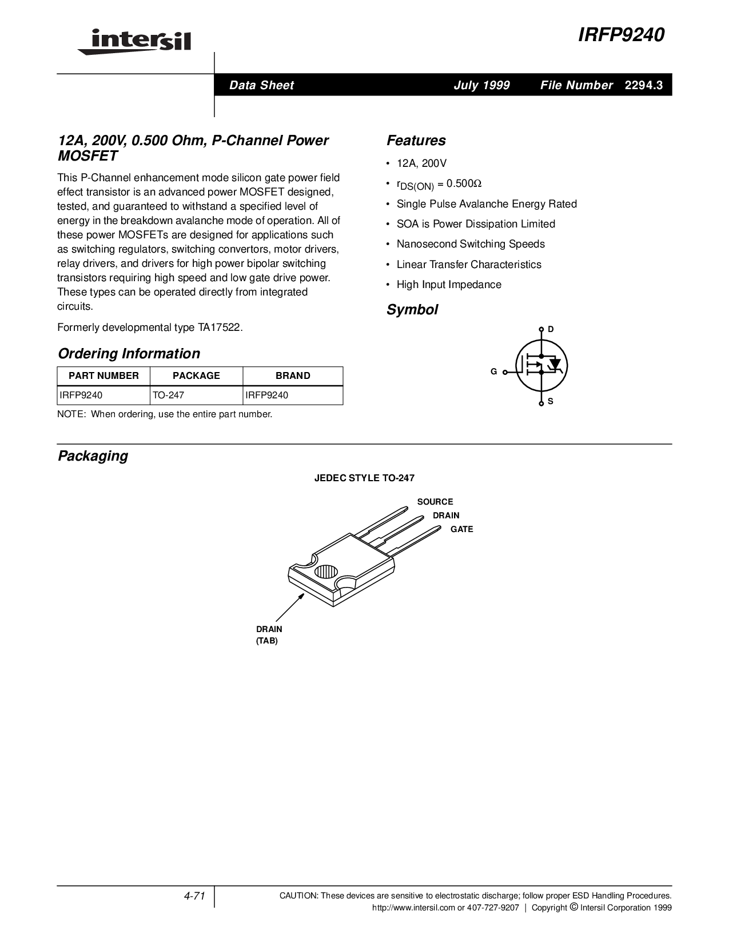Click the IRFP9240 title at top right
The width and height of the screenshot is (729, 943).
point(621,35)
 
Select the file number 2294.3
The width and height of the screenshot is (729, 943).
point(644,85)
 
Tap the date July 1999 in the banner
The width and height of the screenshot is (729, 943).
point(481,85)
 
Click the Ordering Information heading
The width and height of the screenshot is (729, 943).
point(129,353)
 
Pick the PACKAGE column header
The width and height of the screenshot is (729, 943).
point(196,375)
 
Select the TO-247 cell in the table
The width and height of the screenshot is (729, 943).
point(168,395)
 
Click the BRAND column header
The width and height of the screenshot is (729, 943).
point(293,375)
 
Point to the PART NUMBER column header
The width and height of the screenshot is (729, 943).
point(103,375)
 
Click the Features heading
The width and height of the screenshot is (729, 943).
point(416,141)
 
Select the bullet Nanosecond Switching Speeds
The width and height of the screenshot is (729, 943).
point(471,244)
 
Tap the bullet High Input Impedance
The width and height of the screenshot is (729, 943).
point(449,285)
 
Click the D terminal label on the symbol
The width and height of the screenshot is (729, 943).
point(551,329)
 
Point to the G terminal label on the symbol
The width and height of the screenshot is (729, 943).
point(493,371)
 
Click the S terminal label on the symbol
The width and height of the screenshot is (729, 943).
point(551,401)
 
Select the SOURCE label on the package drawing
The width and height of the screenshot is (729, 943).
point(435,502)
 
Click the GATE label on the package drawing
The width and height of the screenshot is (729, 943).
point(461,529)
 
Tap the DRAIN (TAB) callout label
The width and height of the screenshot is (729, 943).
point(269,634)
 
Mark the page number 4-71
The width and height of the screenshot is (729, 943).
point(194,896)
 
